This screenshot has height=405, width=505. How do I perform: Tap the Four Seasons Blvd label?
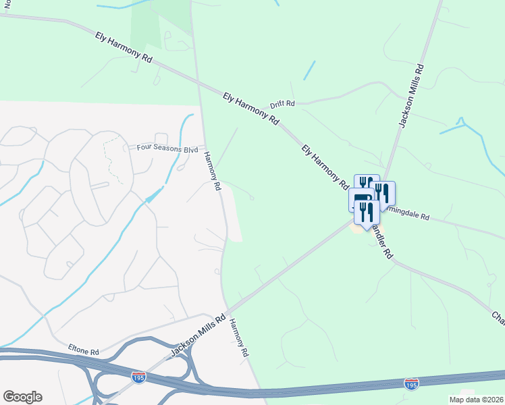click(167, 147)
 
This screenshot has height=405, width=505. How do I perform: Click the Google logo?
click(22, 397)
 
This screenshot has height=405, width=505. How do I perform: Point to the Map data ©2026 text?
click(476, 400)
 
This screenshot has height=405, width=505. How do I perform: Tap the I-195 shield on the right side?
click(410, 383)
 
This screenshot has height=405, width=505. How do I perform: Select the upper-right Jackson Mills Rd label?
click(411, 96)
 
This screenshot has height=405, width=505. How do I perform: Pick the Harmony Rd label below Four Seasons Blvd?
click(213, 170)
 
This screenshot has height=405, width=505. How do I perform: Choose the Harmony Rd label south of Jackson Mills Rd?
click(239, 337)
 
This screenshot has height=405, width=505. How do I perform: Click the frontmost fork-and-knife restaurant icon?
click(367, 213)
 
